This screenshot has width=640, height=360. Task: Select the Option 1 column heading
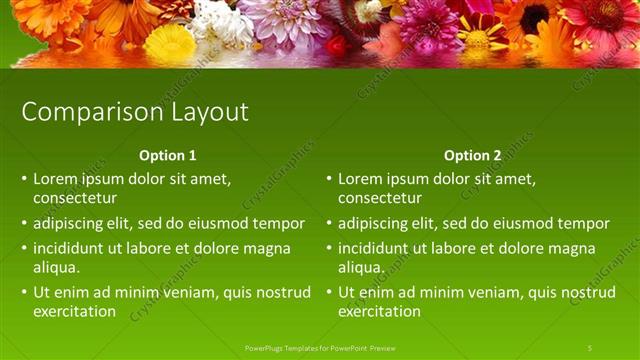point(166,156)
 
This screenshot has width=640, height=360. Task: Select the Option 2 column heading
point(472,156)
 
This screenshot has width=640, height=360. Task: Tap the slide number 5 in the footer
point(589,347)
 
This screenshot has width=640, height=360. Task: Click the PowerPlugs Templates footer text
point(320,347)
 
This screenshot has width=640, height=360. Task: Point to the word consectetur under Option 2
point(380,198)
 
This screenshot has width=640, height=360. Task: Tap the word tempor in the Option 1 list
point(280,223)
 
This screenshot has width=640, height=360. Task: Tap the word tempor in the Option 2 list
point(585,223)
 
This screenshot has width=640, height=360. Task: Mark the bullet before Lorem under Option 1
point(24,180)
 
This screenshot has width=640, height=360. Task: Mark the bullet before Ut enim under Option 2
point(329,292)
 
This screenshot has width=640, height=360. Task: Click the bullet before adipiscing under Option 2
point(329,223)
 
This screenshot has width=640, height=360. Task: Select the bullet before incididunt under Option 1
point(24,248)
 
